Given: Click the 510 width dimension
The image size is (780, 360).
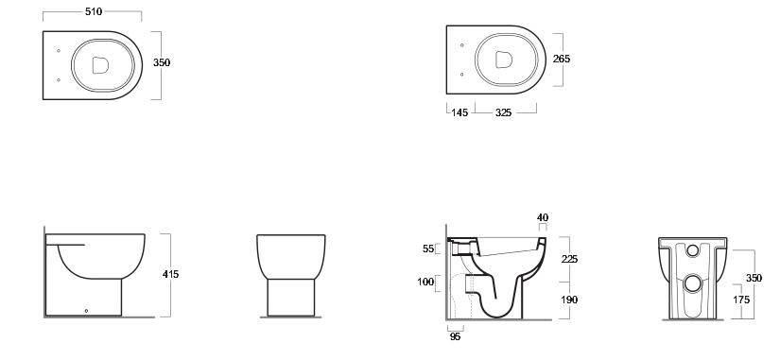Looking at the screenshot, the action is [94, 11].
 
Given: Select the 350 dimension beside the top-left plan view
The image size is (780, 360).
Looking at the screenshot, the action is [161, 62].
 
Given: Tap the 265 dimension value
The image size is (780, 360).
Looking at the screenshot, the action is [562, 59].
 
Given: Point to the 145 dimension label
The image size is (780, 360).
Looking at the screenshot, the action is [459, 112].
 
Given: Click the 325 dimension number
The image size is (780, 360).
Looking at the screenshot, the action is [503, 112].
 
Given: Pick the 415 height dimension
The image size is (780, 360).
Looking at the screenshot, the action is [170, 274].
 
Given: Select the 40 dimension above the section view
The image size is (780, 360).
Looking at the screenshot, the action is [543, 217].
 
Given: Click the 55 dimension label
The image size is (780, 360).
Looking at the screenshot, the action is [428, 249].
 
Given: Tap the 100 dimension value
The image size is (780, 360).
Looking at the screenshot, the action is [425, 283].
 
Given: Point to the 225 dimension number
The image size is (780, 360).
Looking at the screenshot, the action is [569, 259].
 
